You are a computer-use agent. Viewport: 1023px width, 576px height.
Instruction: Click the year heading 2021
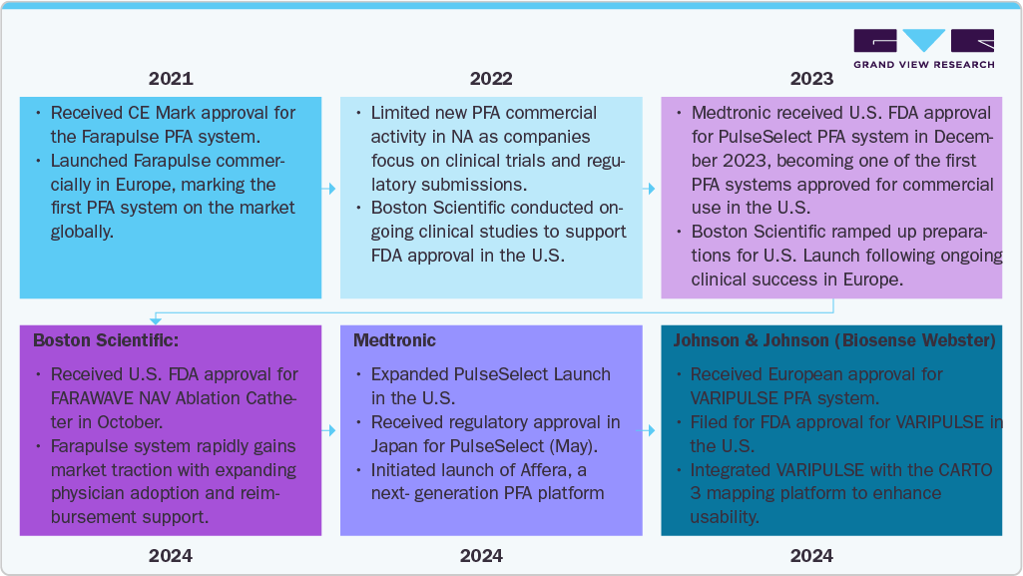click(x=171, y=79)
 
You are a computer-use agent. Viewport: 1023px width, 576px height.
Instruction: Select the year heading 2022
click(x=491, y=79)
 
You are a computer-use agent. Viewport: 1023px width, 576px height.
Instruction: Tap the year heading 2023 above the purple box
click(x=811, y=79)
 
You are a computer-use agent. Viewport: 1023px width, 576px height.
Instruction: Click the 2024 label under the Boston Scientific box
click(x=171, y=556)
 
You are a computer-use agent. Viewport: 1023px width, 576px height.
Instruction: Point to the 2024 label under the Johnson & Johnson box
click(x=811, y=556)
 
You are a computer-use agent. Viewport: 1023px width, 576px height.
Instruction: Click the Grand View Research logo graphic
click(x=923, y=41)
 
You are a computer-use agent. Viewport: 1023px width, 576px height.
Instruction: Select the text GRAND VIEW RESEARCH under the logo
click(x=923, y=65)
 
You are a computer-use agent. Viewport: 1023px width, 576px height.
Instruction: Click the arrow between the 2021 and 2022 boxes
click(x=330, y=187)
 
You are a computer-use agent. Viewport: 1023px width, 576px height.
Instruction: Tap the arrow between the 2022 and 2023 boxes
click(x=651, y=187)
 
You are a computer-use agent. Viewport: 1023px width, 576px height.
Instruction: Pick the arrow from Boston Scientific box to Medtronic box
click(x=330, y=430)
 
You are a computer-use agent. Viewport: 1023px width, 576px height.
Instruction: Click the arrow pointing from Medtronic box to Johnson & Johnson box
click(x=651, y=430)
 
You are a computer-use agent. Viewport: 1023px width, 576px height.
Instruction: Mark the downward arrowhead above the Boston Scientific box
click(x=155, y=319)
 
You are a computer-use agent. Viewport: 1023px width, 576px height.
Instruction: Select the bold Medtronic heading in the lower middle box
click(x=394, y=340)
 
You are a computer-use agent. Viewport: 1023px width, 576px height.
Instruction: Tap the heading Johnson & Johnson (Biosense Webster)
click(x=834, y=340)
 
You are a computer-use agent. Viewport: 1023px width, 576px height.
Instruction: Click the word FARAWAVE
click(x=95, y=398)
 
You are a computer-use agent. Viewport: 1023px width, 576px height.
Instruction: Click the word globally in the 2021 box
click(x=82, y=231)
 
